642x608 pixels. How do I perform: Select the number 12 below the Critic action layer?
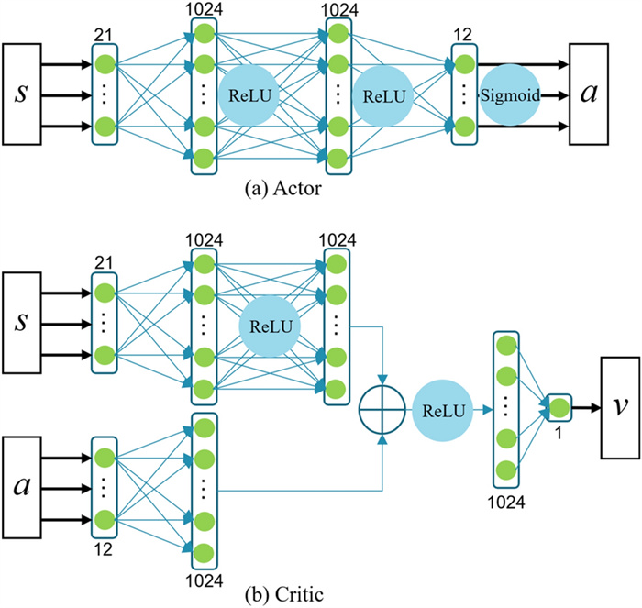coord(103,548)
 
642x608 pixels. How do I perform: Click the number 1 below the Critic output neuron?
coord(557,432)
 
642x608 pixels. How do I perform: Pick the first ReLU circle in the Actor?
coord(249,94)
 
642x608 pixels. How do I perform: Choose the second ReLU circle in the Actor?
coord(384,94)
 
